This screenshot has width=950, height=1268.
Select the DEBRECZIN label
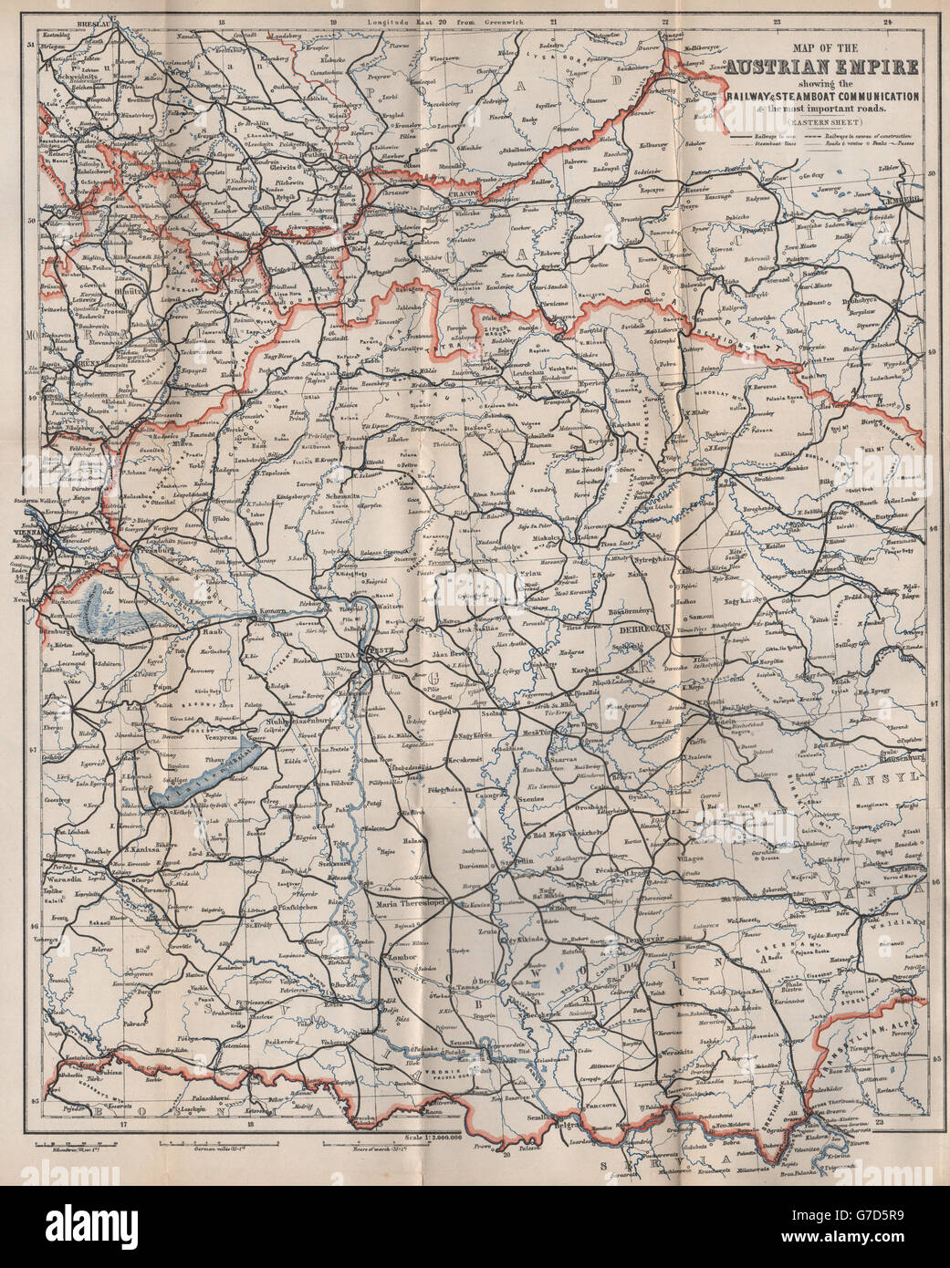tap(645, 629)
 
